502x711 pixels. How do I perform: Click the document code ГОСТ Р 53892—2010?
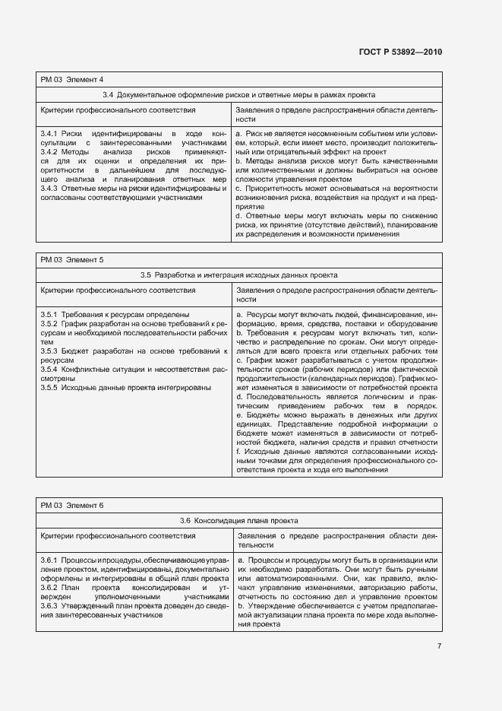coord(399,52)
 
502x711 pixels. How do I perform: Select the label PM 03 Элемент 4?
coord(72,80)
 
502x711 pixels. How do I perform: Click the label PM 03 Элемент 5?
coord(72,260)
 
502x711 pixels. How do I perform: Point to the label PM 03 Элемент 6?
coord(72,506)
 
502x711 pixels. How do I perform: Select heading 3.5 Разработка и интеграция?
coord(238,275)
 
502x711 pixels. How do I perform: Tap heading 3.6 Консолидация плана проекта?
coord(238,520)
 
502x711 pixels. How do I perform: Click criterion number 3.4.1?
coord(50,133)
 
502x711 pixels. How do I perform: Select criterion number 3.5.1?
coord(50,314)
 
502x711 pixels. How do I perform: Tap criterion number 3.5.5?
coord(50,387)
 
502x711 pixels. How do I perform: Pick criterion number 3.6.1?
coord(50,560)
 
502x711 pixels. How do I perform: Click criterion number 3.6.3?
coord(50,605)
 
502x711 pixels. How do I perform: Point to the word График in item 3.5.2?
coord(77,323)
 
